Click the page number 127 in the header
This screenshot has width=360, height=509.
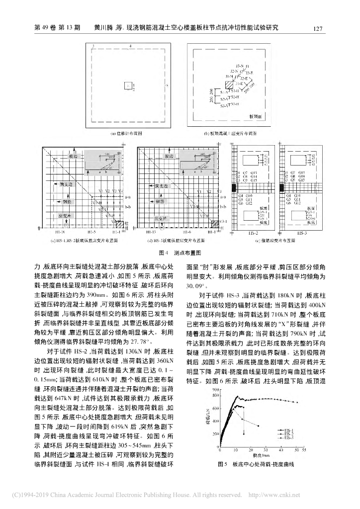point(319,28)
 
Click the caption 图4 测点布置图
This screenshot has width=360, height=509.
point(180,253)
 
